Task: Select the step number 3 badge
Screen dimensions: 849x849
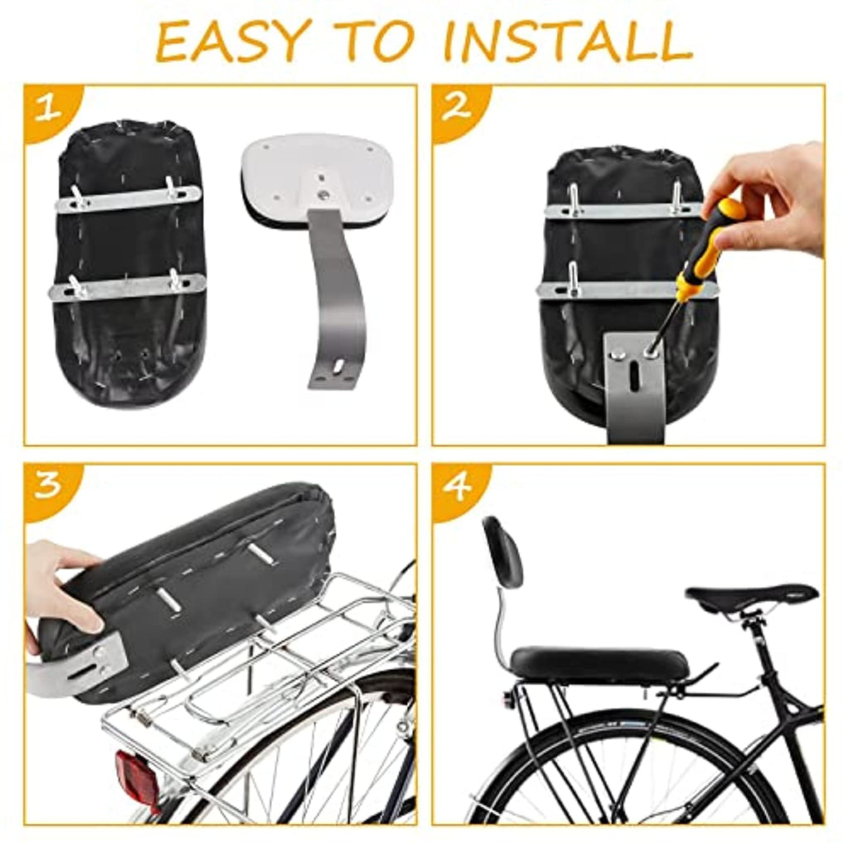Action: click(x=49, y=487)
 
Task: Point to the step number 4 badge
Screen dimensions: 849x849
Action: click(x=458, y=487)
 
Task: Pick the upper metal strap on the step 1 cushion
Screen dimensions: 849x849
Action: click(x=129, y=198)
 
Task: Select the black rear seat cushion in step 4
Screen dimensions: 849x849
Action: click(x=600, y=663)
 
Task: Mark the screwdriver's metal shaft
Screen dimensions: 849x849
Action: click(x=665, y=323)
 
